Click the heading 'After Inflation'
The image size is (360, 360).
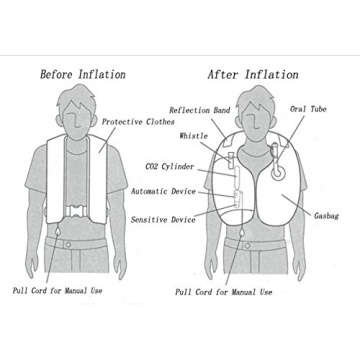pyautogui.click(x=252, y=74)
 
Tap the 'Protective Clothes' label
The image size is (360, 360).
pyautogui.click(x=138, y=121)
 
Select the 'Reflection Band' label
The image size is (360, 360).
pyautogui.click(x=200, y=110)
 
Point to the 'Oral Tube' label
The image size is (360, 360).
pyautogui.click(x=308, y=108)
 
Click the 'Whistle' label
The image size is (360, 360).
pyautogui.click(x=194, y=134)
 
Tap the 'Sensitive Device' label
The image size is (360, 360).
pyautogui.click(x=163, y=217)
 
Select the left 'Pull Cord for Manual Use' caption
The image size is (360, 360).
pyautogui.click(x=57, y=291)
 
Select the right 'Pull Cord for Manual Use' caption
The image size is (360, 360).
pyautogui.click(x=223, y=292)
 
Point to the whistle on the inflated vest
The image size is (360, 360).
pyautogui.click(x=230, y=158)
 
